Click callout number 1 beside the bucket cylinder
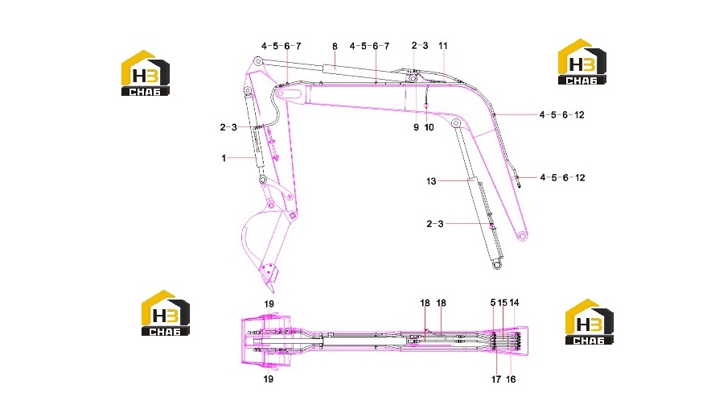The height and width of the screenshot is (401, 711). coord(224,158)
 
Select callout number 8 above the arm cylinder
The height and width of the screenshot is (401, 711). coord(335,47)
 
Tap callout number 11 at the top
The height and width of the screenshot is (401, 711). coord(443,46)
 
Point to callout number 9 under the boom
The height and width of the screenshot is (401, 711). coord(417,127)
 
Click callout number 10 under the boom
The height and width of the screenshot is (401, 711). coord(429,127)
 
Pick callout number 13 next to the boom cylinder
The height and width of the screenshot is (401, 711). coord(431,181)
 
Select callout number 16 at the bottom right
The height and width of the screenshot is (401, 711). coord(511,379)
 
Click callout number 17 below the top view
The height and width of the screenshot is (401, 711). coord(496,379)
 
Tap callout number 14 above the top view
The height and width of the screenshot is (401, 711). coord(514,303)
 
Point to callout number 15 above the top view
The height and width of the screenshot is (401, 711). coord(503,303)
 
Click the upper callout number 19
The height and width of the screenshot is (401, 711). coord(269,304)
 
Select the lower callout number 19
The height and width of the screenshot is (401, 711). coord(269,378)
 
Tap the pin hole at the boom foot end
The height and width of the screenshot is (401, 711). coord(522,236)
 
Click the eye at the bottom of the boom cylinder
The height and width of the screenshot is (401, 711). coord(497,264)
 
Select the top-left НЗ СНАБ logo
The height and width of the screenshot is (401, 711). coord(145,72)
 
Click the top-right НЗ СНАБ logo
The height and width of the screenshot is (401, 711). coord(582,62)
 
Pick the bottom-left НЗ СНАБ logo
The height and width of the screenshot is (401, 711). coord(166,313)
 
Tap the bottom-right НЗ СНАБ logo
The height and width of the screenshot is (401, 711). coord(589,321)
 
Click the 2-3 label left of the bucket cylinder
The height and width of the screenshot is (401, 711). coord(228,127)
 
